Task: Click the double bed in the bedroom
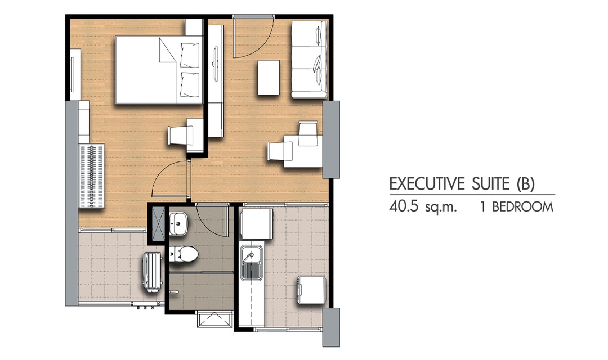point(159,70)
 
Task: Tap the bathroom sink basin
point(178,224)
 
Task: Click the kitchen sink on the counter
point(252,262)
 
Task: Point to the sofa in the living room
point(310,59)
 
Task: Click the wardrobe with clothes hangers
point(92,176)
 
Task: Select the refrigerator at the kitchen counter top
point(256,224)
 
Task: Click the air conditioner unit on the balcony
point(151,271)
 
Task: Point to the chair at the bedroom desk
point(180,136)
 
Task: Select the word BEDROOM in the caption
point(522,207)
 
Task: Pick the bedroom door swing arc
point(166,170)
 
